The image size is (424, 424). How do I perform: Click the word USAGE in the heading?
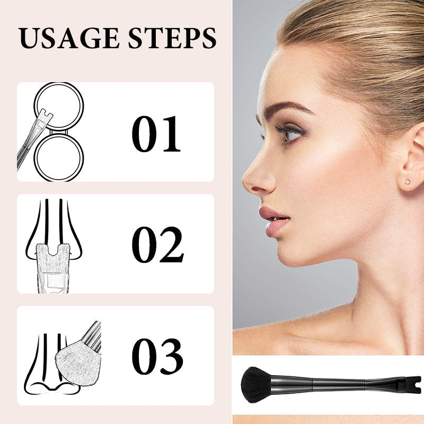click(x=69, y=38)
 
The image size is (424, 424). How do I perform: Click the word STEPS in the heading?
click(x=172, y=38)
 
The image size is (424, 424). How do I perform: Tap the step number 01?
click(x=156, y=134)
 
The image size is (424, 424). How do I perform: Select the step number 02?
click(x=158, y=244)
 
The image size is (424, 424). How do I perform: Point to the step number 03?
click(x=157, y=356)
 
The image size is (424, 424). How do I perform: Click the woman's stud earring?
click(x=407, y=182)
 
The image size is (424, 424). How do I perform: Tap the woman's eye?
click(x=290, y=133)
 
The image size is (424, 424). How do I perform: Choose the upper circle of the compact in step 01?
click(x=59, y=105)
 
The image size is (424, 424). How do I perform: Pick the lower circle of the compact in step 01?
click(x=59, y=157)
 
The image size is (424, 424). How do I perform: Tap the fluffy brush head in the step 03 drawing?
click(x=78, y=360)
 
